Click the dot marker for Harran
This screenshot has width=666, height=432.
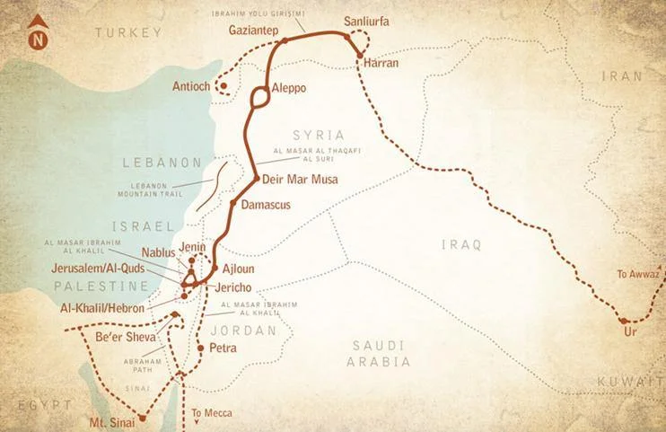pos(360,58)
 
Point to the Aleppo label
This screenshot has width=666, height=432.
pos(288,89)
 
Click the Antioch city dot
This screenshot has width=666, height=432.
pos(223,87)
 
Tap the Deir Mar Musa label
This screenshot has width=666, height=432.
pos(300,180)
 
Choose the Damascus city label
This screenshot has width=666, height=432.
pos(267,205)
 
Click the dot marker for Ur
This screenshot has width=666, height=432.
pos(621,320)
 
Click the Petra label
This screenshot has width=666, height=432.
pos(222,347)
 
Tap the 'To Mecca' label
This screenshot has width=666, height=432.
pos(212,413)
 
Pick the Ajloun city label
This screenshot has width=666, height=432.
pos(239,269)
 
